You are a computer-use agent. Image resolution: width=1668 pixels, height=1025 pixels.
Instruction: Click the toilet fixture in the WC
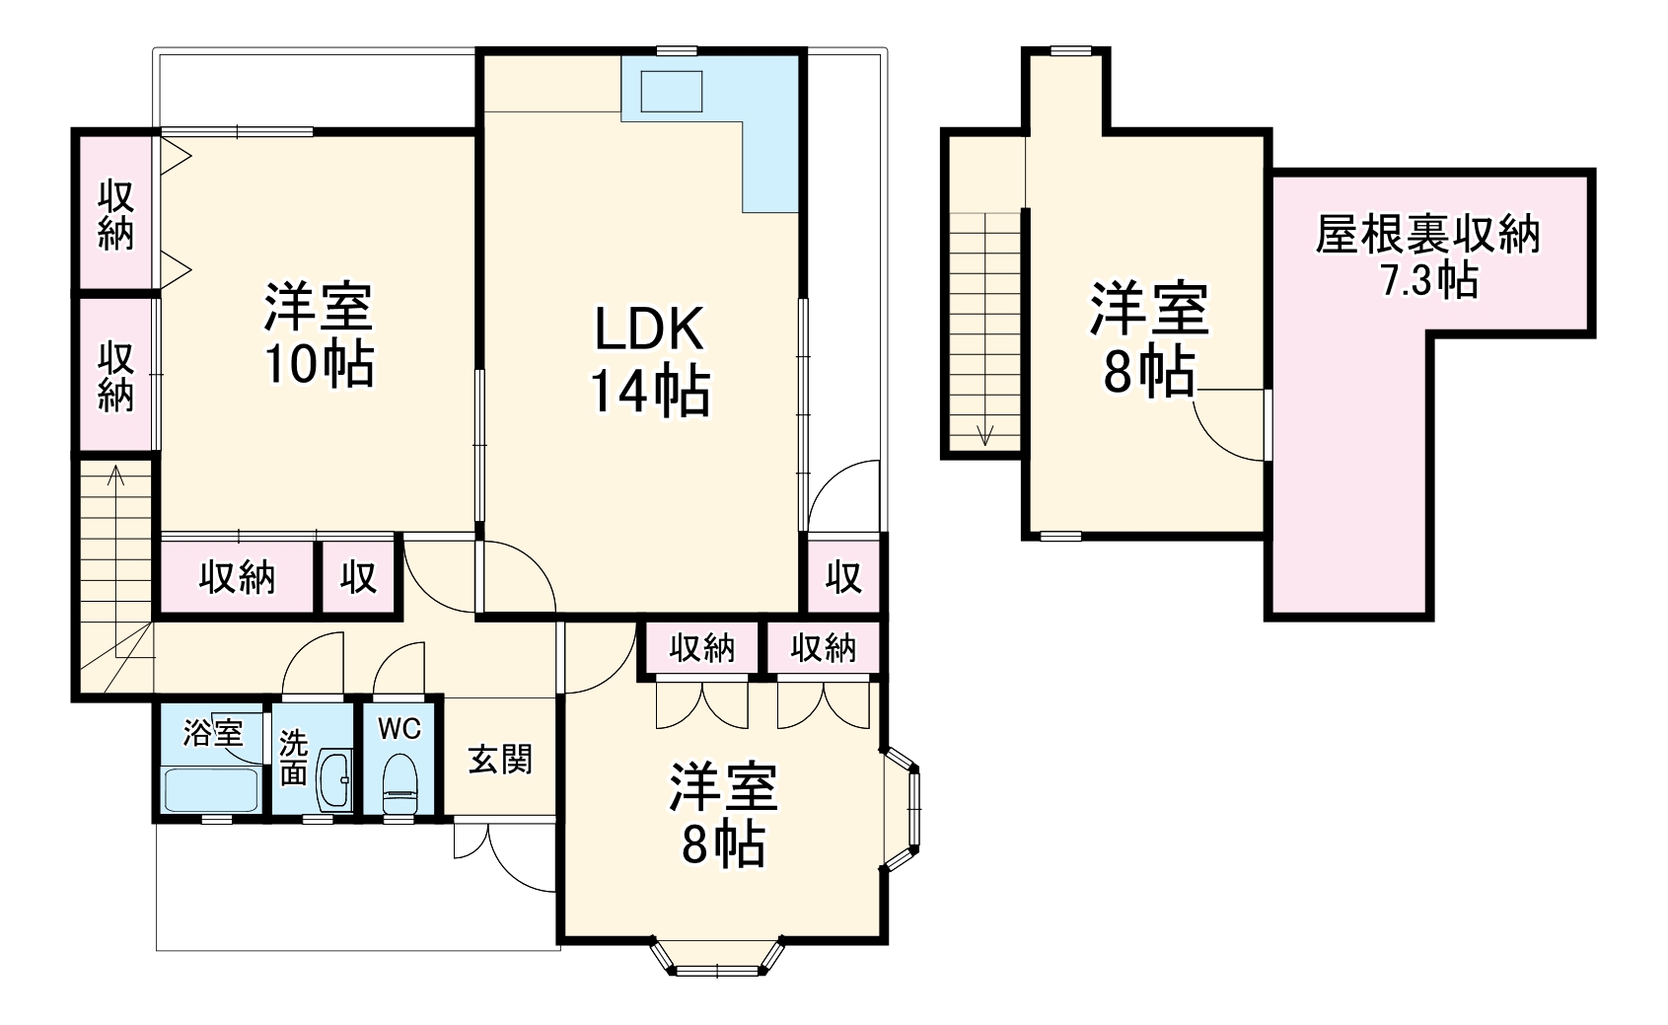point(399,785)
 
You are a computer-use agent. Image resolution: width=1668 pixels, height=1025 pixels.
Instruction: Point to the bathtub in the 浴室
point(211,789)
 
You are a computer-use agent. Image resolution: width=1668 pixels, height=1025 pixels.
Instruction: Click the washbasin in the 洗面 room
point(335,779)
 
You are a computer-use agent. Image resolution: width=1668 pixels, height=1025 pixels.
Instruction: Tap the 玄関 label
point(500,760)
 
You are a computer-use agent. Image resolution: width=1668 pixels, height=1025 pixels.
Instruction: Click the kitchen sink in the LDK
point(672,91)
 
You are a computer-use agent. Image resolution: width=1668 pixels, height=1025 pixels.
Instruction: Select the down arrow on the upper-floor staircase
point(984,434)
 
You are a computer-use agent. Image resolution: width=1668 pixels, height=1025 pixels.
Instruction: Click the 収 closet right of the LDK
point(843,576)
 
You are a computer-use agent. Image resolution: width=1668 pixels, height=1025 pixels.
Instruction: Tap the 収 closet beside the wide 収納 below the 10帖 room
point(359,577)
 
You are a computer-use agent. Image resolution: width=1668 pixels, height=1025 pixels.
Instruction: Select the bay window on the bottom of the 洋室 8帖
point(718,957)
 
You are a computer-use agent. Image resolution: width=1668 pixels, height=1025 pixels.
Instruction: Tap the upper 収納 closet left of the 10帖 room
point(116,214)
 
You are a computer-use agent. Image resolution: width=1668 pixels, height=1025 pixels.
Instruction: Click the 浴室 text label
point(213,732)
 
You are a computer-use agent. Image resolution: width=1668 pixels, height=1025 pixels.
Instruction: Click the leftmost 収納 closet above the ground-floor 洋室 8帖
point(701,648)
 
